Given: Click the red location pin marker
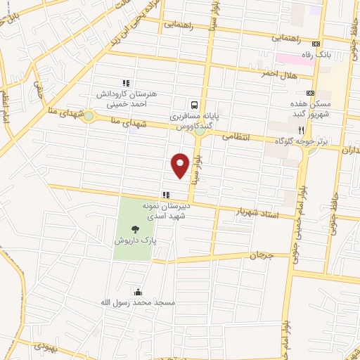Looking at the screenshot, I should [x=181, y=165].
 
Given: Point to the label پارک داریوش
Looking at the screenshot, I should [x=134, y=240].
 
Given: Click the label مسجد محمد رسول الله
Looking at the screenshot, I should [x=137, y=302].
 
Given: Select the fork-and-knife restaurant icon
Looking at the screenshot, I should [x=302, y=130].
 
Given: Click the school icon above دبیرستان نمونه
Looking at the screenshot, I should [x=165, y=195].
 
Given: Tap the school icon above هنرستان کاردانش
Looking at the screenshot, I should [x=127, y=83].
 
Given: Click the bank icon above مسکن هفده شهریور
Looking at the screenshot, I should [x=311, y=93].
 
